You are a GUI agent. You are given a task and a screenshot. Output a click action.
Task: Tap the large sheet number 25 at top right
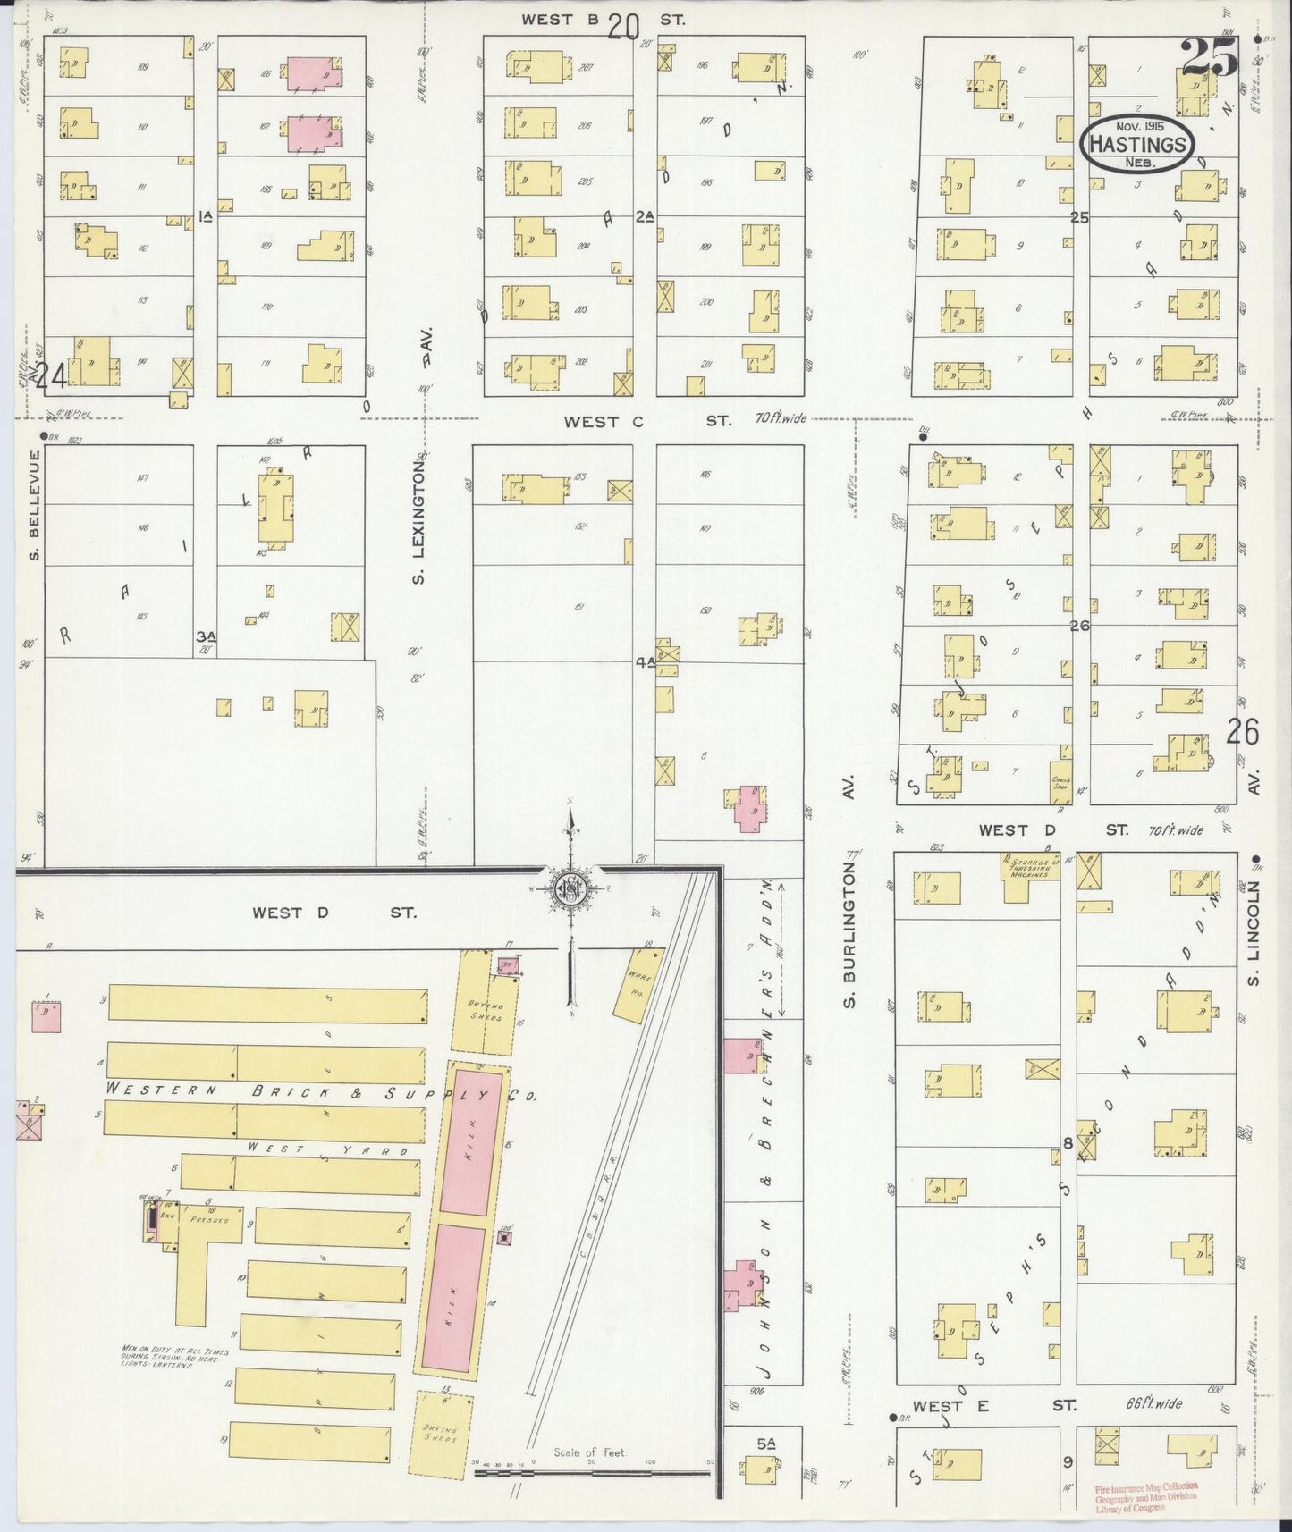click(x=1209, y=59)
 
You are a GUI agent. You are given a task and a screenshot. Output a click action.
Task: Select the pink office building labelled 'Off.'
click(x=509, y=966)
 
